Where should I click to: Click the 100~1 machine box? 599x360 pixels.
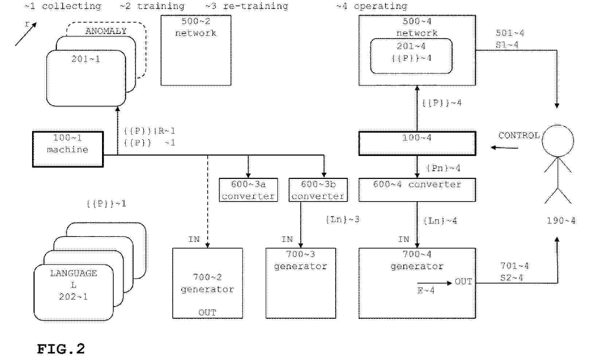pyautogui.click(x=68, y=149)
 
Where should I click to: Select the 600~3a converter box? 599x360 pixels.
pyautogui.click(x=248, y=190)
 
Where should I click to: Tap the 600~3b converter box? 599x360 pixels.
pyautogui.click(x=318, y=190)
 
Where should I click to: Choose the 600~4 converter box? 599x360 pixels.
pyautogui.click(x=417, y=190)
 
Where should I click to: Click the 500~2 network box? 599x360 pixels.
pyautogui.click(x=196, y=50)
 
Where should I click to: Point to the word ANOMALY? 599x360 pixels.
pyautogui.click(x=106, y=31)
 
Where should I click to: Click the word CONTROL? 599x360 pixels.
pyautogui.click(x=519, y=136)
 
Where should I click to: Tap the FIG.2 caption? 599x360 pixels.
pyautogui.click(x=61, y=349)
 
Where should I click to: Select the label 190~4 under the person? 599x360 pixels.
pyautogui.click(x=561, y=221)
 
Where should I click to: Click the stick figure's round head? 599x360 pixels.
pyautogui.click(x=557, y=141)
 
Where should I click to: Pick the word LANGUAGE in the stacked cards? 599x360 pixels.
pyautogui.click(x=74, y=273)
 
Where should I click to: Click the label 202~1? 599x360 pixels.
pyautogui.click(x=74, y=297)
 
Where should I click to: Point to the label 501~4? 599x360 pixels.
pyautogui.click(x=510, y=33)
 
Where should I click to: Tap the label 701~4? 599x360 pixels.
pyautogui.click(x=514, y=266)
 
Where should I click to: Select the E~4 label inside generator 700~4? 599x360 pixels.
pyautogui.click(x=426, y=291)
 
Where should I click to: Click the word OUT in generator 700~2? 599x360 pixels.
pyautogui.click(x=207, y=313)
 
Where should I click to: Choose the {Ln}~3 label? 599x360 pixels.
pyautogui.click(x=342, y=220)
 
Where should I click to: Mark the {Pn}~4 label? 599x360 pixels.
pyautogui.click(x=443, y=168)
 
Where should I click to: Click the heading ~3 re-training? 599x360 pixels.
pyautogui.click(x=247, y=6)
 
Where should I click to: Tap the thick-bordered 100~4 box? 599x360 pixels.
pyautogui.click(x=417, y=144)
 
